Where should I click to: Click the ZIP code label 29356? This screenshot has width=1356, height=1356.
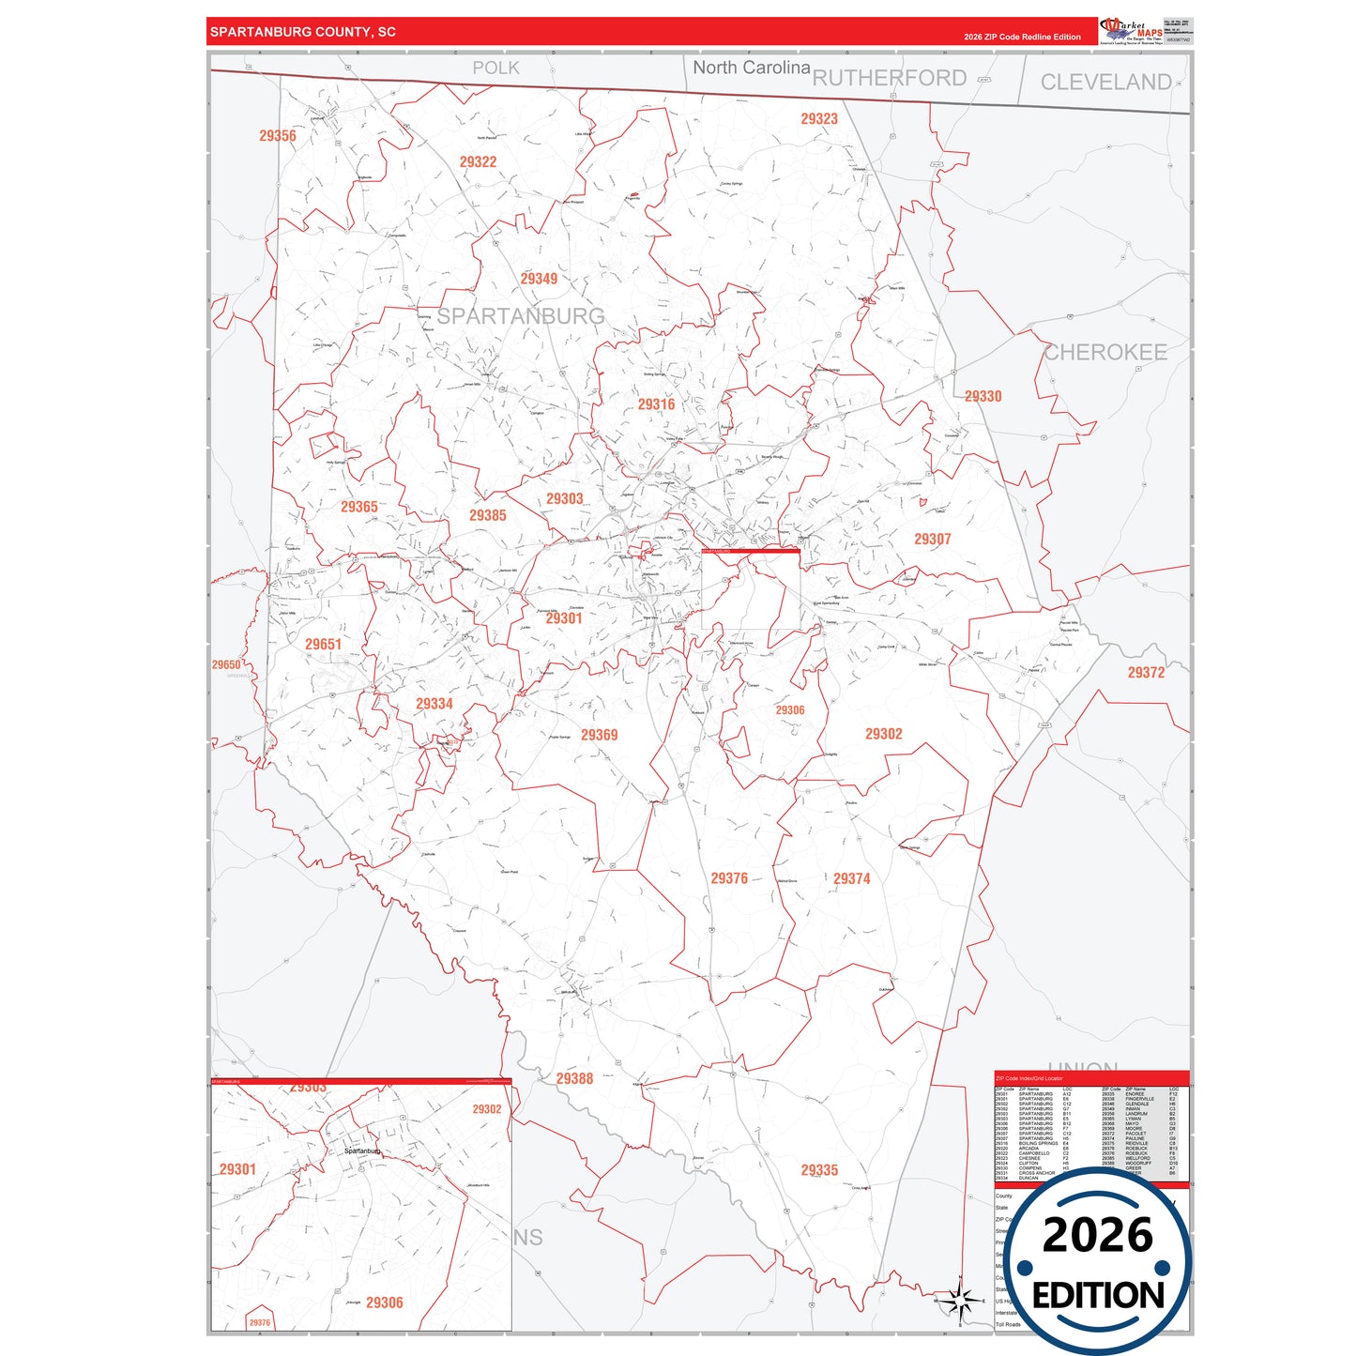(278, 136)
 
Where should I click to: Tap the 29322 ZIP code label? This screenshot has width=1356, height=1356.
(478, 162)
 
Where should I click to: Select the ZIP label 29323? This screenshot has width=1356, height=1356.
(819, 119)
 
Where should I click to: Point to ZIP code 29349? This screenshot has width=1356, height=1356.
(539, 279)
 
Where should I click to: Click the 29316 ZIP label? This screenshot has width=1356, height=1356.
(656, 404)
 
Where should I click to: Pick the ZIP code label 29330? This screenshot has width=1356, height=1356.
(983, 397)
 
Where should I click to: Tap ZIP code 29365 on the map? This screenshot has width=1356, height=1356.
(359, 507)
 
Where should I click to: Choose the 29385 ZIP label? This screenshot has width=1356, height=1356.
(488, 515)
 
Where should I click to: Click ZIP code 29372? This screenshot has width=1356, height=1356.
(1146, 673)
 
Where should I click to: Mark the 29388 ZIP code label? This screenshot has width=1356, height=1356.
(574, 1079)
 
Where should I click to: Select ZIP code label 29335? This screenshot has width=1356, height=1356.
(819, 1170)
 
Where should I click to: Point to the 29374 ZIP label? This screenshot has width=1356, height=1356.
(851, 879)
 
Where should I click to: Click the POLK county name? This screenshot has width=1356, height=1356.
(495, 68)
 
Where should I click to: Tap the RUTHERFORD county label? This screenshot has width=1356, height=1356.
(889, 78)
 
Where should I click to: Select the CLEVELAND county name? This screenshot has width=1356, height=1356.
(1105, 83)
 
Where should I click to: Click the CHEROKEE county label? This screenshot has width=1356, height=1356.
(1105, 353)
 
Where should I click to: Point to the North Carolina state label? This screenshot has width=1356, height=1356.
(751, 68)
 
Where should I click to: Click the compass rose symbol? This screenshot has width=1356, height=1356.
(959, 1301)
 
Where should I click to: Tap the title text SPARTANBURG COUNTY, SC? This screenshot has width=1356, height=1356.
(303, 32)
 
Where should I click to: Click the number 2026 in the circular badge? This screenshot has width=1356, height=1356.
(1097, 1235)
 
